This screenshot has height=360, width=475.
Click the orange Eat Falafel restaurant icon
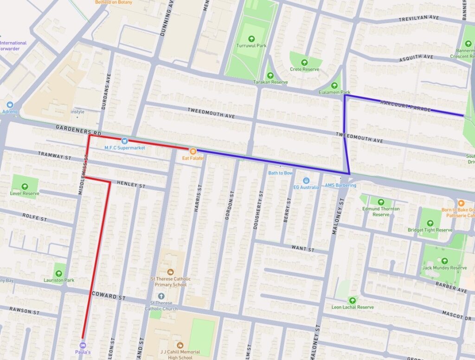[x=193, y=151]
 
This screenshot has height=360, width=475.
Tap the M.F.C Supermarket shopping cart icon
[x=124, y=141]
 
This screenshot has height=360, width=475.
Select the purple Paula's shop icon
[x=83, y=345]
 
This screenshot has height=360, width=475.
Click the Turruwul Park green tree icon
[x=251, y=39]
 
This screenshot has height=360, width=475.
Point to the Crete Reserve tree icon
[x=305, y=62]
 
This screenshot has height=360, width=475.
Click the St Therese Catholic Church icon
[x=161, y=296]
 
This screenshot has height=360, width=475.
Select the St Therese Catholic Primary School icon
[x=171, y=271]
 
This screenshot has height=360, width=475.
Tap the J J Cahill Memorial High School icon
[x=180, y=345]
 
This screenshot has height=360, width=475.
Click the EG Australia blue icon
[x=306, y=180]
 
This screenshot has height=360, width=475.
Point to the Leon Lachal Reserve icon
[x=353, y=300]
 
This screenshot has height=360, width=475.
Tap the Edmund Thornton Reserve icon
[x=381, y=202]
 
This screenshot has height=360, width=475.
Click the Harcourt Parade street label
[x=405, y=106]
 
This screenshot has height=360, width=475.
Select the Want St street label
[x=303, y=249]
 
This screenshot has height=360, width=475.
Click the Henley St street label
[x=131, y=184]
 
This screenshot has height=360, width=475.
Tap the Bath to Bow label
[x=281, y=173]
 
